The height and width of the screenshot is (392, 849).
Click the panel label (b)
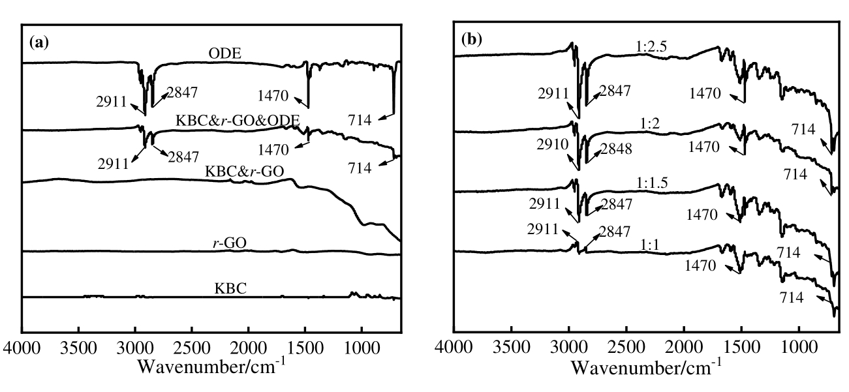click(x=471, y=39)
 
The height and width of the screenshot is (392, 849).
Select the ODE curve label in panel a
click(x=223, y=54)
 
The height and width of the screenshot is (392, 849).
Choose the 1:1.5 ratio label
click(x=654, y=184)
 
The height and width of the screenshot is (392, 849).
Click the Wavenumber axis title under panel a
click(x=211, y=367)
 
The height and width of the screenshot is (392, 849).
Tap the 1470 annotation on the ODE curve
click(x=273, y=96)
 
